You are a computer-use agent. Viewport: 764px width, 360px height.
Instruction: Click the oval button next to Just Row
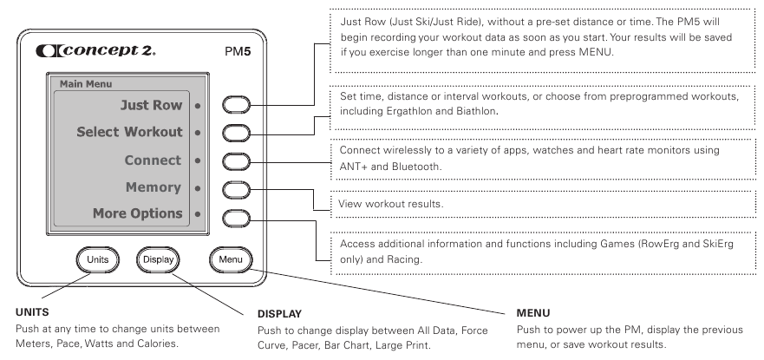pos(238,106)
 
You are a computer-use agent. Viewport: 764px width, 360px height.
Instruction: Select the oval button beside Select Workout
pos(238,133)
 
